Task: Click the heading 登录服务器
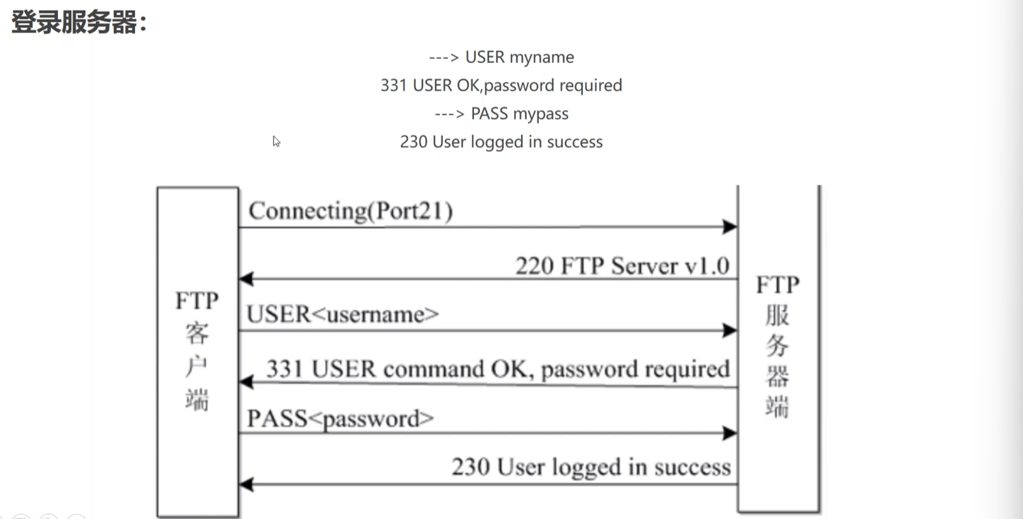[74, 22]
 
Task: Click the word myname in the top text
[541, 57]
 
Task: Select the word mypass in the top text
[541, 114]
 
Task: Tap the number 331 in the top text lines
[394, 85]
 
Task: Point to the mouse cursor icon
[276, 141]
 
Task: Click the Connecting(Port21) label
[351, 211]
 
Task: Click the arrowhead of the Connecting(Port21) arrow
[730, 226]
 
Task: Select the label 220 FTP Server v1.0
[622, 266]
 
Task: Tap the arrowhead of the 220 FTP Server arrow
[246, 279]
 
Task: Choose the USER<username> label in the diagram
[342, 314]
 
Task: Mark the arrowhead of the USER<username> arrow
[730, 330]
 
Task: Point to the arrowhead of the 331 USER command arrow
[246, 382]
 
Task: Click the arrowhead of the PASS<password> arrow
[730, 432]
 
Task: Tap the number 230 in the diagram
[471, 467]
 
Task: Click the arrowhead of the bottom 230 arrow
[246, 484]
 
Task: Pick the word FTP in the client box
[197, 301]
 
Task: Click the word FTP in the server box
[778, 286]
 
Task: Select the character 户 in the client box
[197, 366]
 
